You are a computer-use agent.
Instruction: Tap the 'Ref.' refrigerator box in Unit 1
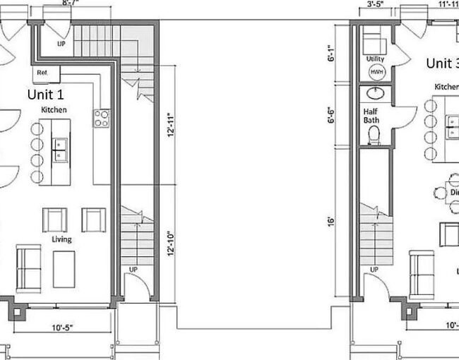pos(42,73)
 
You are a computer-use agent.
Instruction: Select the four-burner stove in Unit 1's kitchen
pos(102,118)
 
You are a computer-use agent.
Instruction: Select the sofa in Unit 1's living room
pos(28,268)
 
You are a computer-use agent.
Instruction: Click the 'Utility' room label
pos(375,59)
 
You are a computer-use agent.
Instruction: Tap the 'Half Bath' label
pos(371,116)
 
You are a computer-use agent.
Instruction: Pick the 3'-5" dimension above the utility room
pos(374,4)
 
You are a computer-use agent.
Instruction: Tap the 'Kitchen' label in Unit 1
pos(54,110)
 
